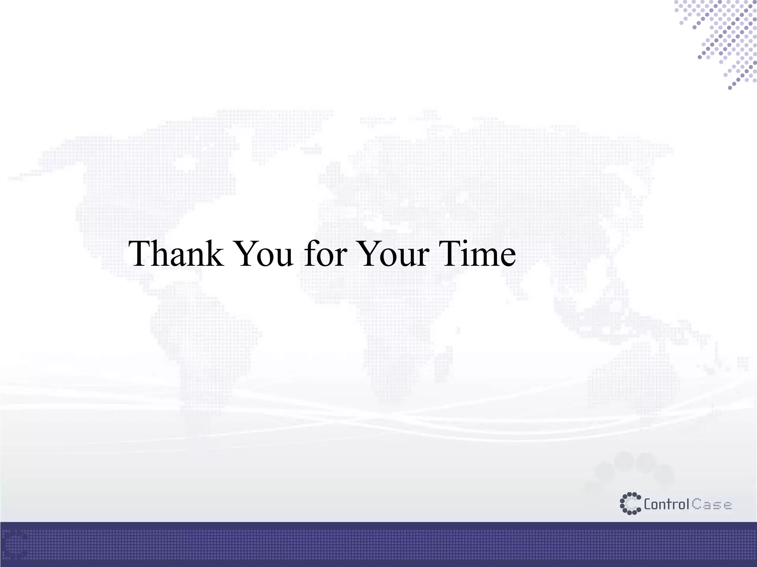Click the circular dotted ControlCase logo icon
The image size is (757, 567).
click(630, 503)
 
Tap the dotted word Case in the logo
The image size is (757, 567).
click(712, 505)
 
